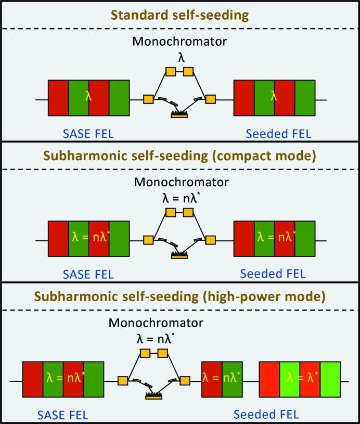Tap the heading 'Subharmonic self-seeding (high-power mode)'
click(179, 297)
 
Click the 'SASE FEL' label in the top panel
click(88, 134)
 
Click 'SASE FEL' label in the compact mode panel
click(88, 274)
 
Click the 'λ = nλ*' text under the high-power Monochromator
click(153, 340)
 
